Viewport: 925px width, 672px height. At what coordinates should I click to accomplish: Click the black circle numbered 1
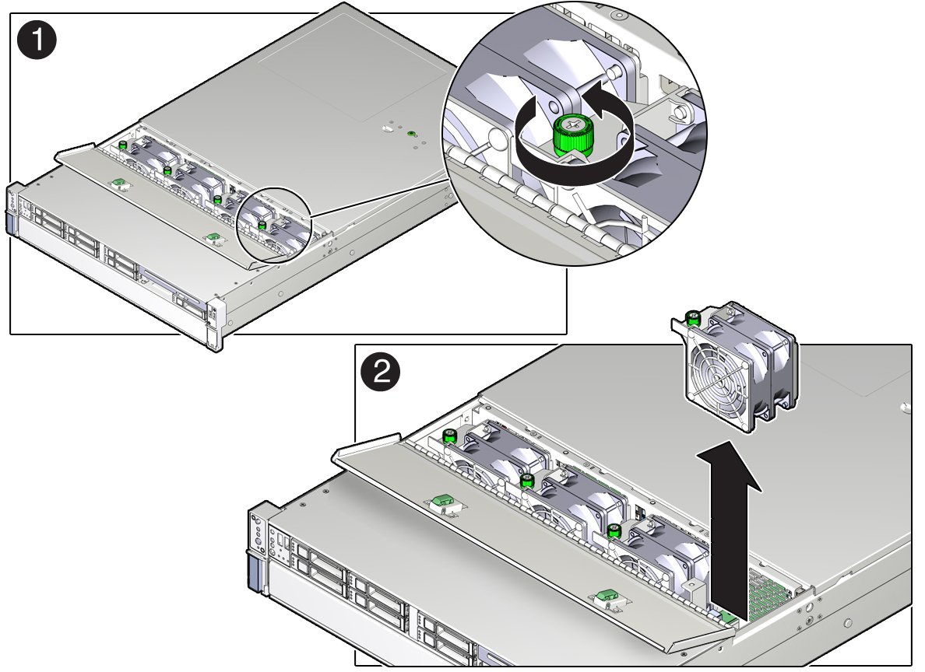[x=37, y=40]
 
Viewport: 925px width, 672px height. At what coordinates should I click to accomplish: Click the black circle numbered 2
[x=381, y=373]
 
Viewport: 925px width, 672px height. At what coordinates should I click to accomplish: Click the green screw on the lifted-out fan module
[x=694, y=319]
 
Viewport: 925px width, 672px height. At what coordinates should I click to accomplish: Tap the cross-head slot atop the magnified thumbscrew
[x=573, y=124]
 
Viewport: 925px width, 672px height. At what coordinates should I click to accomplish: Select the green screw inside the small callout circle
[x=262, y=225]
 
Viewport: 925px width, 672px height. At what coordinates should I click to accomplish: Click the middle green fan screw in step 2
[x=528, y=480]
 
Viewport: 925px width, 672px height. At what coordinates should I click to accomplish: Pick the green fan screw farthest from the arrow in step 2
[x=450, y=437]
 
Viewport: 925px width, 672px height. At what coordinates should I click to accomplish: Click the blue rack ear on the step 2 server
[x=255, y=572]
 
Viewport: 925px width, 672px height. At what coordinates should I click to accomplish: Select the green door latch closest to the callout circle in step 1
[x=213, y=237]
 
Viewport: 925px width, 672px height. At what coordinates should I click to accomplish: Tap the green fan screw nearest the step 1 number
[x=123, y=145]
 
